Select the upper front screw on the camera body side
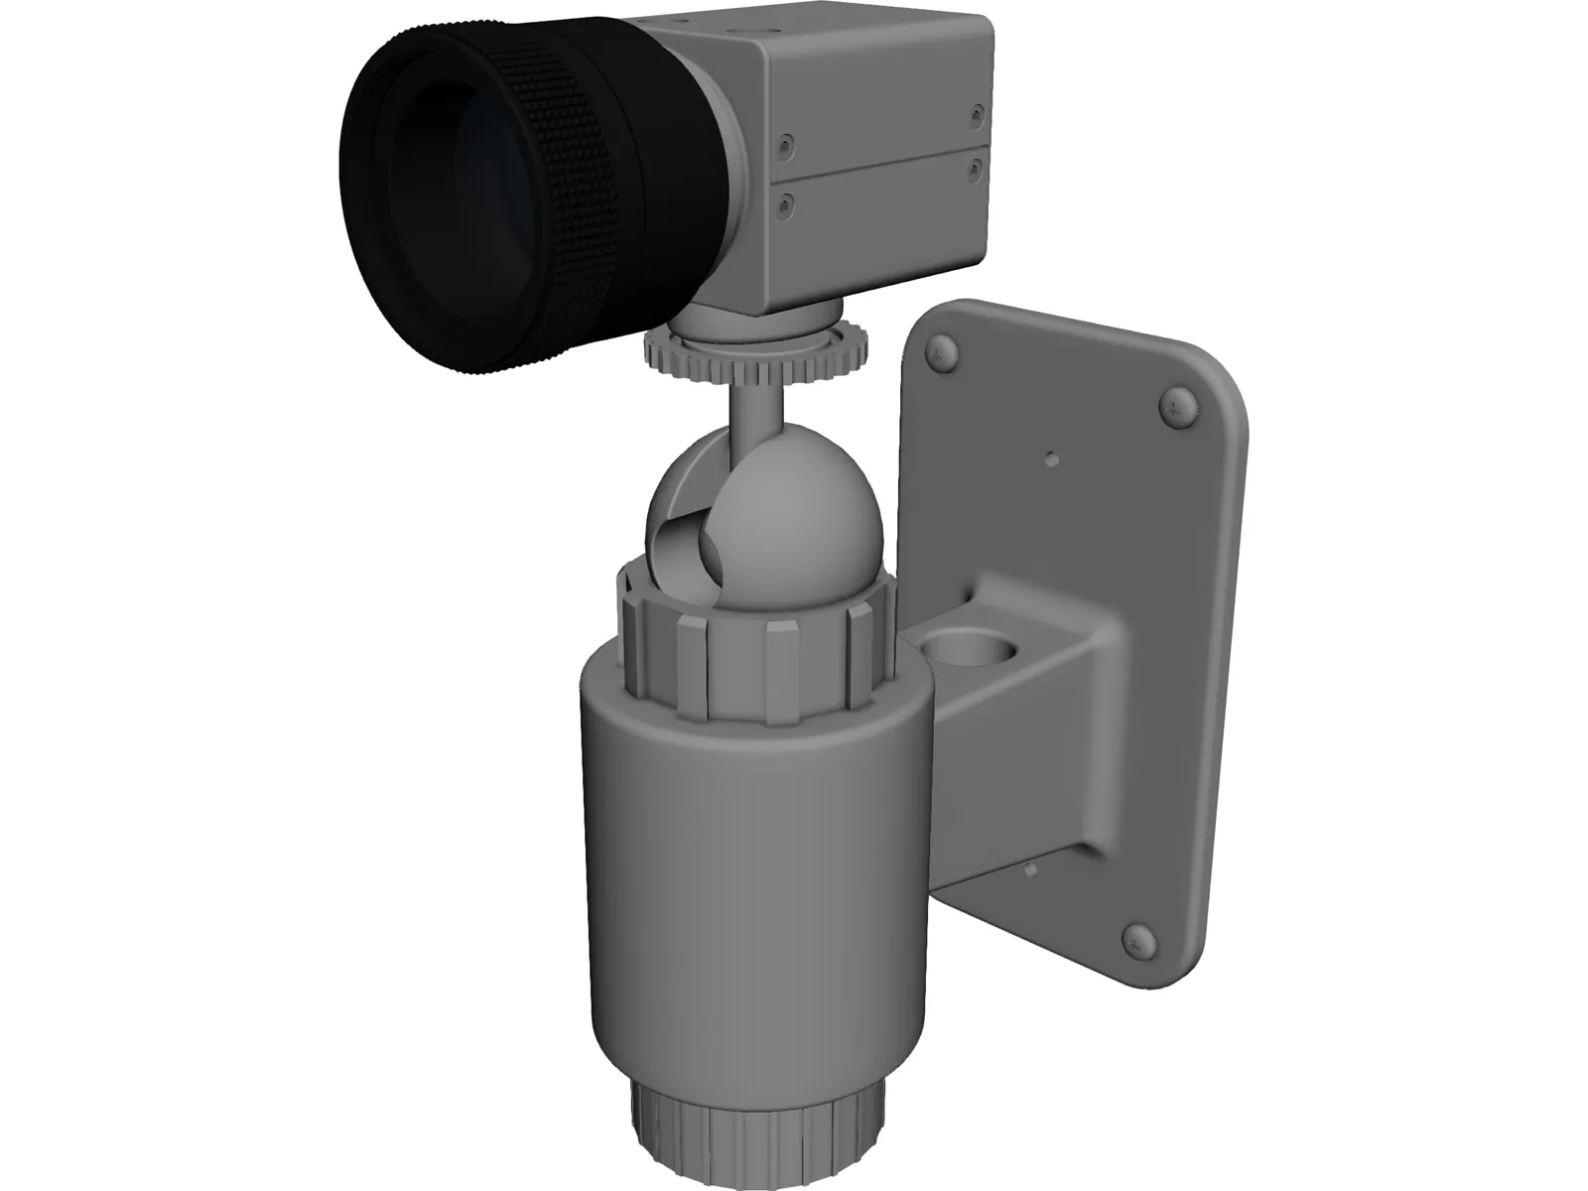(x=787, y=145)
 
